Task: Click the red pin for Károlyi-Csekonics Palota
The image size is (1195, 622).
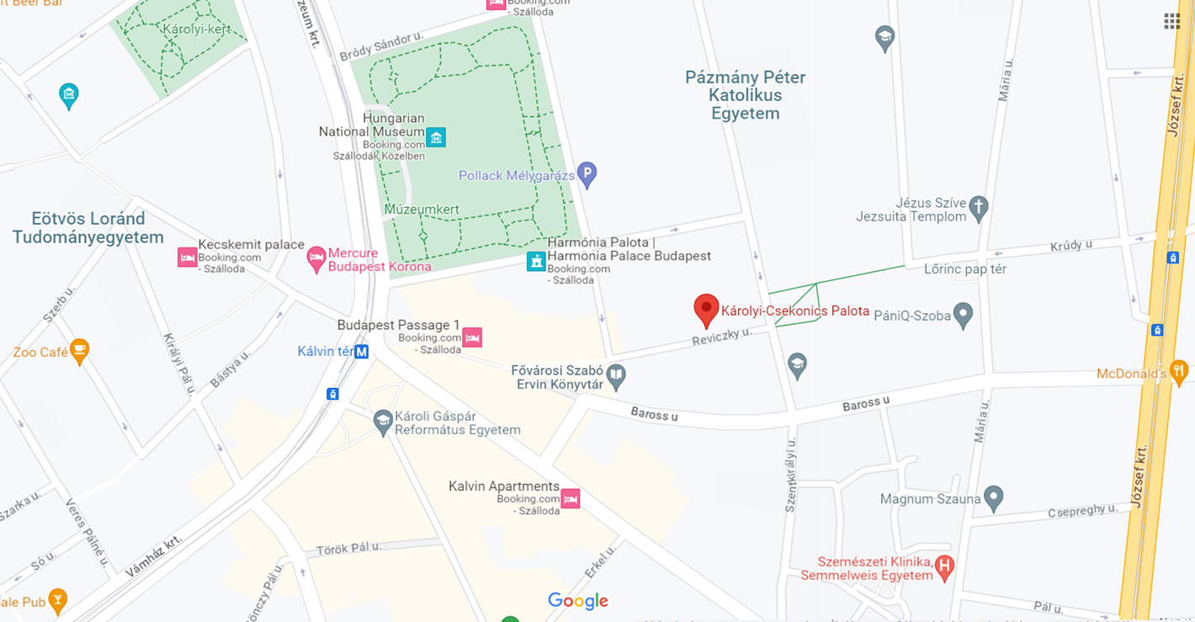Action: click(706, 309)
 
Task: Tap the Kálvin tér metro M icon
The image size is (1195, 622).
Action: click(361, 352)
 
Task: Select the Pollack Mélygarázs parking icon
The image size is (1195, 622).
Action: click(587, 174)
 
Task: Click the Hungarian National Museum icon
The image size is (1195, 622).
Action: click(435, 137)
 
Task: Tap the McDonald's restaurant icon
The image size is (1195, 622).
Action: click(1179, 370)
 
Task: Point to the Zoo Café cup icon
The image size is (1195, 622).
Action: click(79, 351)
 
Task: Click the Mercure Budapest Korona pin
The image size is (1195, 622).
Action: click(316, 258)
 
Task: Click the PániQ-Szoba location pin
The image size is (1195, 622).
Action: click(963, 315)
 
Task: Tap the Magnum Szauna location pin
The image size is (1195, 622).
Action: click(993, 497)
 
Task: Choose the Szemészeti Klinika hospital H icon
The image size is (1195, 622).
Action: click(945, 567)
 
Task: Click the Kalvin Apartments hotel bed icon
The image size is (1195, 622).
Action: click(571, 498)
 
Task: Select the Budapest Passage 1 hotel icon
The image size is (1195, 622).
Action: click(472, 338)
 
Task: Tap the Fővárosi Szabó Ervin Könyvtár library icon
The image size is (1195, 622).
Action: click(616, 376)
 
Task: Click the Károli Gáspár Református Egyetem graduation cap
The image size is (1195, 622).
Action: click(383, 422)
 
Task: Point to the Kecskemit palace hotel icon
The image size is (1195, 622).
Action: click(187, 258)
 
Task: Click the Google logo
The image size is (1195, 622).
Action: click(577, 601)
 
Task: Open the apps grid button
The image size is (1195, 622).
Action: click(1171, 22)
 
